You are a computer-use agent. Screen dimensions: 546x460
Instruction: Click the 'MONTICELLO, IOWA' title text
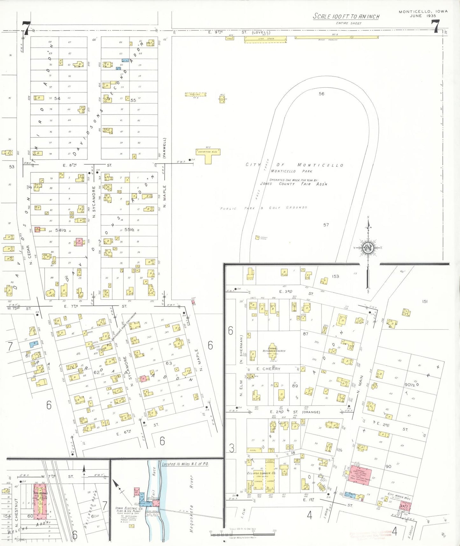click(423, 11)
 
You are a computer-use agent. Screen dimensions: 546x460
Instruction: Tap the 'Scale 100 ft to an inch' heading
click(346, 16)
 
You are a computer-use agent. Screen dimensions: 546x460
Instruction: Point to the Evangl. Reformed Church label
click(274, 349)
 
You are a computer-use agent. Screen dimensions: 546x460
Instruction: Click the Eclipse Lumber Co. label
click(261, 473)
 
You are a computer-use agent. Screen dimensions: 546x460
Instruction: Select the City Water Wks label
click(399, 497)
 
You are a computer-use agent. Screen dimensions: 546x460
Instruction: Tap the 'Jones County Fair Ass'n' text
click(293, 184)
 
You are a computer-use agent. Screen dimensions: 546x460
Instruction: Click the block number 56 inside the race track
click(322, 94)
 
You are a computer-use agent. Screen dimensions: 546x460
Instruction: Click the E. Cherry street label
click(268, 369)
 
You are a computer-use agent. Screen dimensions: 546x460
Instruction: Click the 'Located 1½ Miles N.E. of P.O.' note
click(185, 464)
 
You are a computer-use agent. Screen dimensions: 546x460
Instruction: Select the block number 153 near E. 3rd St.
click(336, 276)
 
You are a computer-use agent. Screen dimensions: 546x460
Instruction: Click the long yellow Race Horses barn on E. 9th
click(336, 37)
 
